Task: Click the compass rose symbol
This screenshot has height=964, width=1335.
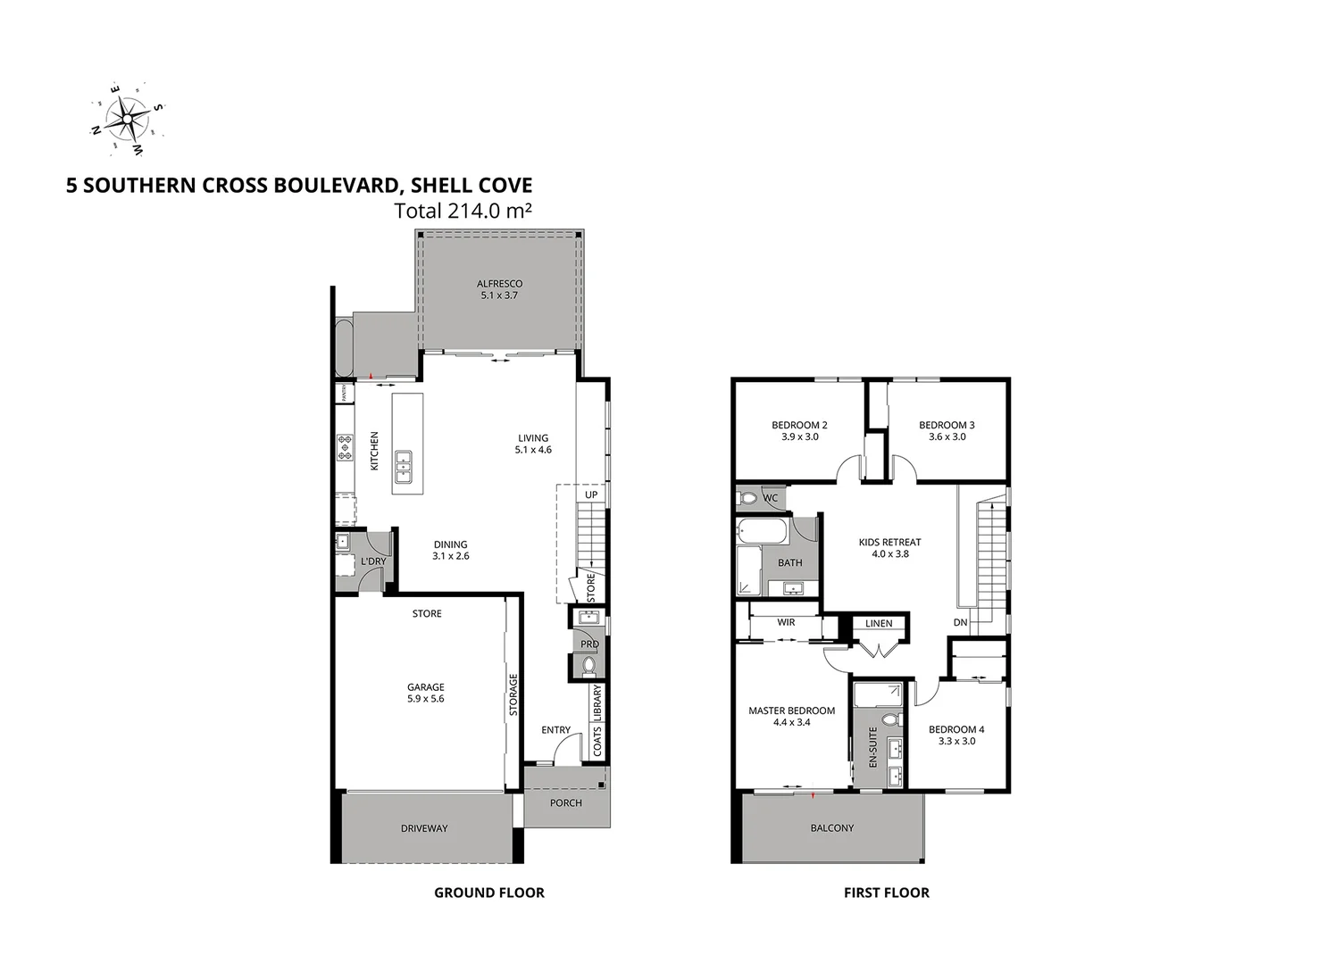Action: pyautogui.click(x=128, y=117)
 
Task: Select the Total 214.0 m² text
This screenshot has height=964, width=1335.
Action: pyautogui.click(x=463, y=211)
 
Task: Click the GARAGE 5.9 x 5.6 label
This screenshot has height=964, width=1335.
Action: pyautogui.click(x=425, y=693)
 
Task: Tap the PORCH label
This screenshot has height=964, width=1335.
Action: pyautogui.click(x=565, y=802)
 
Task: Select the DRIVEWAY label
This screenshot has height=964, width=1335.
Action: pyautogui.click(x=424, y=828)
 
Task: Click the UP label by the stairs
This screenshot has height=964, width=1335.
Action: pyautogui.click(x=590, y=494)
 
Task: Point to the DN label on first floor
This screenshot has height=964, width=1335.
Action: pyautogui.click(x=960, y=622)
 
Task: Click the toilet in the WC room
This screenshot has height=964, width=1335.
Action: pyautogui.click(x=747, y=497)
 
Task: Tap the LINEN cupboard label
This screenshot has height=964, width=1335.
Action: pyautogui.click(x=879, y=623)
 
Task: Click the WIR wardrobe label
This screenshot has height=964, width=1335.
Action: pyautogui.click(x=786, y=622)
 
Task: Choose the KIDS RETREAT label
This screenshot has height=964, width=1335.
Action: pyautogui.click(x=889, y=547)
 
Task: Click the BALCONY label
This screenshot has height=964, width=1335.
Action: pyautogui.click(x=831, y=828)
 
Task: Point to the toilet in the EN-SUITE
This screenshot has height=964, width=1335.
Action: pyautogui.click(x=889, y=719)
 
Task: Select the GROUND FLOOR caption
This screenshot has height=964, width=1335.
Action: pyautogui.click(x=488, y=893)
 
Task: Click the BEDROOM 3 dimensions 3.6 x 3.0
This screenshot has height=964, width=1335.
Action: pyautogui.click(x=947, y=437)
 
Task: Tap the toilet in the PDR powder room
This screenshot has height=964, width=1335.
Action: pyautogui.click(x=588, y=665)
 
